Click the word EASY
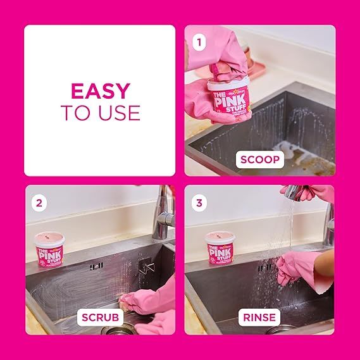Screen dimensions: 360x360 click(100, 90)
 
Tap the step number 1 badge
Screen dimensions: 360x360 click(201, 43)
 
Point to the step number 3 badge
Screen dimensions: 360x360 click(201, 202)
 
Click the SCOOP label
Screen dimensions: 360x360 click(259, 159)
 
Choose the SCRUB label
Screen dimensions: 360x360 click(99, 316)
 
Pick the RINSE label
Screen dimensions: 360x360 click(259, 316)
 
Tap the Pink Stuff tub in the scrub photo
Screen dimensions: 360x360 click(49, 248)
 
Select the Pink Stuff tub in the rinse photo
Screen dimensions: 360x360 click(220, 247)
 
